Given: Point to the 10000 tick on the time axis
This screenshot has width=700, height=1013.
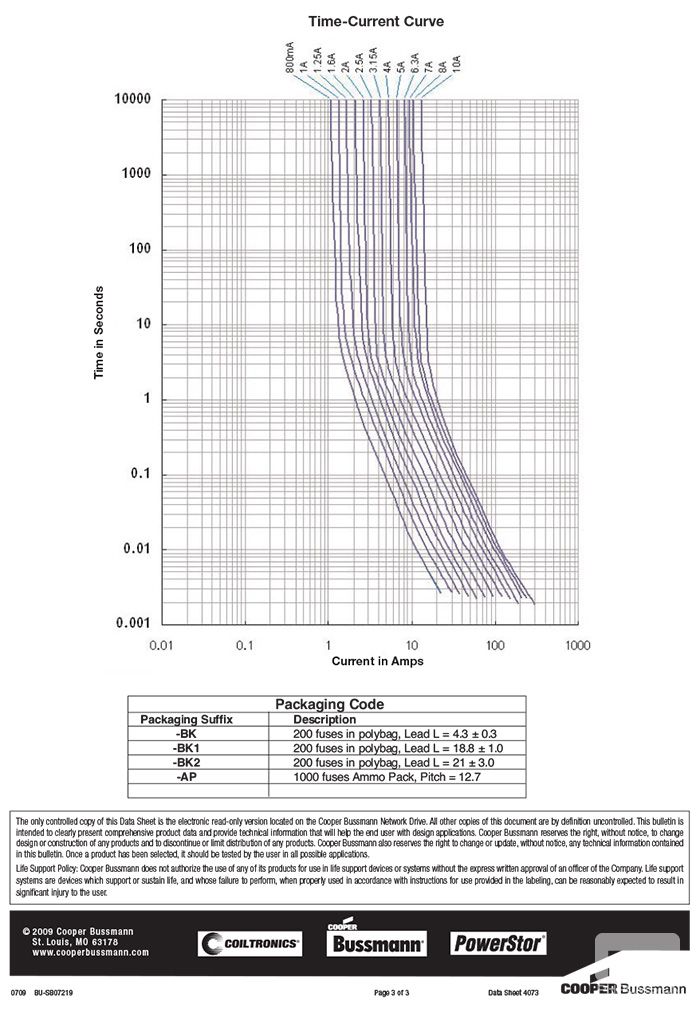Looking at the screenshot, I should pos(130,100).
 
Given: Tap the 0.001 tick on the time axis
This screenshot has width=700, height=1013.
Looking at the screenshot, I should pos(130,623).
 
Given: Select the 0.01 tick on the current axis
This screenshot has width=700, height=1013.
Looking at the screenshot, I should pos(162,646).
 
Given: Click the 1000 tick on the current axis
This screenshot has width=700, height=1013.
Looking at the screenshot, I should pos(577,646).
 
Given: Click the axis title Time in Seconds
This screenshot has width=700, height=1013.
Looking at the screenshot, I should pos(99,333).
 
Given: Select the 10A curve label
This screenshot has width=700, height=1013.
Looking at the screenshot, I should pos(456,66).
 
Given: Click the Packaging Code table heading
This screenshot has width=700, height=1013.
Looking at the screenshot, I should pos(329,704).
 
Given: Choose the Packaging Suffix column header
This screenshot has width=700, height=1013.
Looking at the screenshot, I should pos(186,719).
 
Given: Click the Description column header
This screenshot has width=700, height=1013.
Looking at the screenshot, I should pos(324,719).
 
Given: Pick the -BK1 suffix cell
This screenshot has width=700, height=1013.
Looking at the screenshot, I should pos(186,747).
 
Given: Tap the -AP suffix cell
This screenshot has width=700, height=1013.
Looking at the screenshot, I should pos(186,776).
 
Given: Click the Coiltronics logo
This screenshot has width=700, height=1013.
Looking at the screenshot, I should pos(249,943).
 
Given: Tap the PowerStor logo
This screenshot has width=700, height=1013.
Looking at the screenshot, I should pos(499,942).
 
